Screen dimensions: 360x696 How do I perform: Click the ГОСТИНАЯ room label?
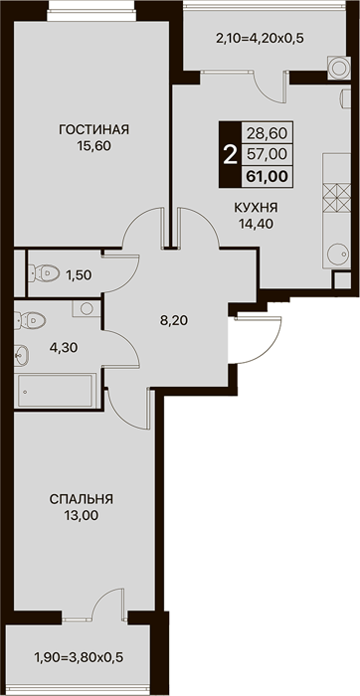click(93, 130)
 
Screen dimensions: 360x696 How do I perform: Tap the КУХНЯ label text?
click(256, 207)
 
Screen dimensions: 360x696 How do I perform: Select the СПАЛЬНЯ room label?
click(82, 499)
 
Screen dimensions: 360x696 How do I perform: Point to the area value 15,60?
click(93, 146)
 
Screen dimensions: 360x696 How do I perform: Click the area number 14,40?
click(256, 224)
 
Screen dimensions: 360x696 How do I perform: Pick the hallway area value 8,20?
click(174, 320)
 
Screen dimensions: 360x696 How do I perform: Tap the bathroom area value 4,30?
click(64, 348)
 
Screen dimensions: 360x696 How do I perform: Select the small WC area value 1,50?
click(79, 275)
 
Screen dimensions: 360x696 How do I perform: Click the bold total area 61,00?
click(268, 176)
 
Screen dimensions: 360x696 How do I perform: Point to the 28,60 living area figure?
click(268, 132)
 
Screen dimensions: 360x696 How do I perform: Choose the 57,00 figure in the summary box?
click(268, 154)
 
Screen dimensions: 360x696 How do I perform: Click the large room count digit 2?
click(230, 155)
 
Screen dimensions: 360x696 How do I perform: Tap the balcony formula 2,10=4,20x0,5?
click(260, 39)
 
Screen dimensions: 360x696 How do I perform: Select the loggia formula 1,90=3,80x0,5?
click(79, 655)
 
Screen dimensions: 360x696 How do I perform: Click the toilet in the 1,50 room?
click(44, 273)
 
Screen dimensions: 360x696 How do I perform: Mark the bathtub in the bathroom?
click(55, 391)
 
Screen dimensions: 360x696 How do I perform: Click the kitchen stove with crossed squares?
click(336, 198)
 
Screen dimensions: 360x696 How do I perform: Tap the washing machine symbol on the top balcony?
click(338, 68)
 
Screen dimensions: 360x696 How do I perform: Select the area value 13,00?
click(82, 516)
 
